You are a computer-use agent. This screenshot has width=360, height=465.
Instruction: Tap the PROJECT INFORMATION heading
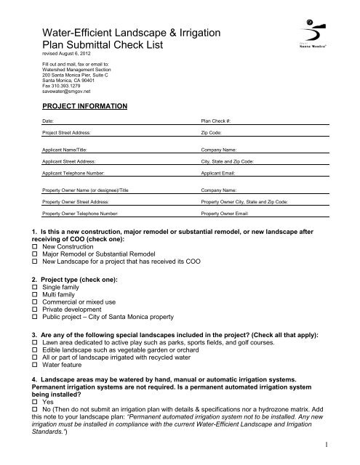click(86, 106)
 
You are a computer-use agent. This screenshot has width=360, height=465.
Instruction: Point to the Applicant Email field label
click(222, 174)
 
